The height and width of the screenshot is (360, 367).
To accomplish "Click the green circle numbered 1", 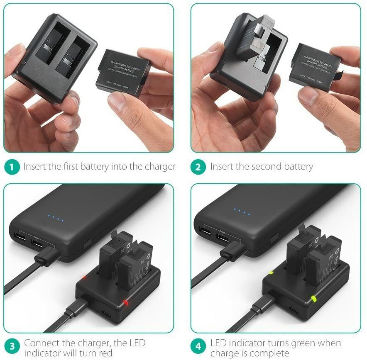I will [12, 167].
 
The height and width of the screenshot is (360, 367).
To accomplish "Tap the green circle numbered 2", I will [198, 167].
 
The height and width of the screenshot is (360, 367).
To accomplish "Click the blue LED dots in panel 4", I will [242, 212].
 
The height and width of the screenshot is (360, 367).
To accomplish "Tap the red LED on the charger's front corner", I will [125, 302].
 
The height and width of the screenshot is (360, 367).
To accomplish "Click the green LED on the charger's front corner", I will [313, 299].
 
